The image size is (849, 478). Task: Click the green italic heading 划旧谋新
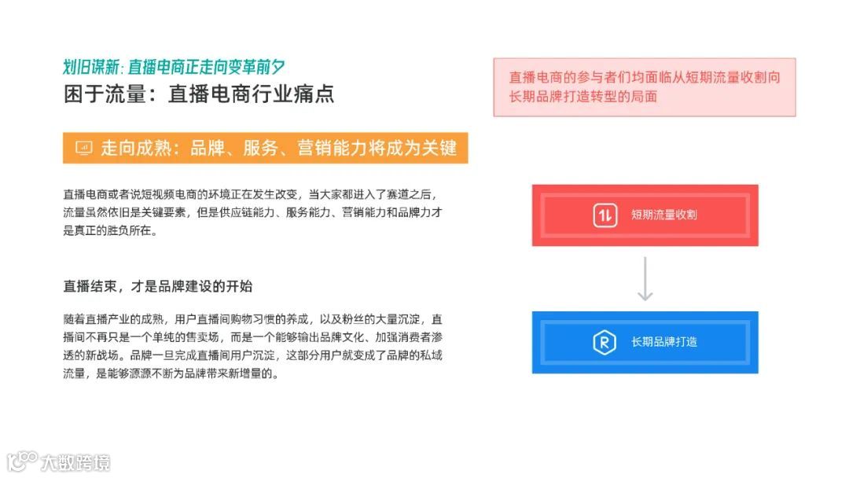[92, 67]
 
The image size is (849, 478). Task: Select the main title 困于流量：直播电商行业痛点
[199, 94]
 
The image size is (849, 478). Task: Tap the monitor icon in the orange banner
[83, 148]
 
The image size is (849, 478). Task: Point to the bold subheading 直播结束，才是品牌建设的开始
[158, 285]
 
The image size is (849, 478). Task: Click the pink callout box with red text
[644, 87]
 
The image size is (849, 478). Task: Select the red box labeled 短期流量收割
[645, 215]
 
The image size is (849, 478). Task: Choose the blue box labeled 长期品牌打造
[645, 342]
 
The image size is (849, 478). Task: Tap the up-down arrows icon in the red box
[604, 215]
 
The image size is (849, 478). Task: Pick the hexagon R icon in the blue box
[604, 342]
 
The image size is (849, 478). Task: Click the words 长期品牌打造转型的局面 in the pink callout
[583, 97]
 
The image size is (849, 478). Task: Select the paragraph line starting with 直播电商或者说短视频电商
[244, 193]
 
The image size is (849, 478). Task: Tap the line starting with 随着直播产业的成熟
[252, 320]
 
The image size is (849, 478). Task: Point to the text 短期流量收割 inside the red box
[663, 215]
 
